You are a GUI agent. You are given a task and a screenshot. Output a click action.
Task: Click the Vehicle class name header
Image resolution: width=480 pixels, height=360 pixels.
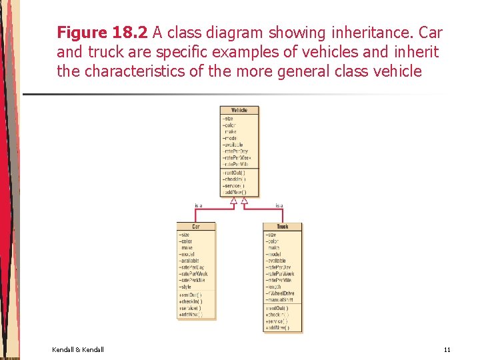[239, 110]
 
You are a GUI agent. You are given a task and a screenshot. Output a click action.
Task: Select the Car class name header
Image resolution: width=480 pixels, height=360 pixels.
[196, 227]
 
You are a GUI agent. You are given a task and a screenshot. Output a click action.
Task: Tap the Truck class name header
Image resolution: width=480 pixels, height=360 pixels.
[282, 227]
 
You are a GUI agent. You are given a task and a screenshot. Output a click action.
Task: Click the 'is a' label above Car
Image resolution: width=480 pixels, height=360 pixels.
[198, 205]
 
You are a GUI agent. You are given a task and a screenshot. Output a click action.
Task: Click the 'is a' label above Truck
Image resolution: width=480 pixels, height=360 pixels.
[279, 205]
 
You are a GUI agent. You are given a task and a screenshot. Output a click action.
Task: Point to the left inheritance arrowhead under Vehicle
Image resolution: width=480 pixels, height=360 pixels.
[234, 200]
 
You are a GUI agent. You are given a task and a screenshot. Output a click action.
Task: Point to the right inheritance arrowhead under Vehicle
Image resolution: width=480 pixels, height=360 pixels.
[244, 200]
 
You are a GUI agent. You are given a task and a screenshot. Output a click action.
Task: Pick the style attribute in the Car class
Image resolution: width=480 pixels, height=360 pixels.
[186, 287]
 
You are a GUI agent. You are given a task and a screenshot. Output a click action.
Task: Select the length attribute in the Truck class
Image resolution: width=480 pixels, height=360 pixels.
[274, 287]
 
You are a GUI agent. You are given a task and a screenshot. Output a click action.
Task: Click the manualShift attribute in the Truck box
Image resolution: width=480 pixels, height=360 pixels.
[281, 300]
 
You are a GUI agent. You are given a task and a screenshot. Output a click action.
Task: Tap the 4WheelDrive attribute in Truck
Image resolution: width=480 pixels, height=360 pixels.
[281, 293]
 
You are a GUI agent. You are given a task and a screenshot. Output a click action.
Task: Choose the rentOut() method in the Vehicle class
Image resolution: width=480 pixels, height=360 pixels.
[234, 173]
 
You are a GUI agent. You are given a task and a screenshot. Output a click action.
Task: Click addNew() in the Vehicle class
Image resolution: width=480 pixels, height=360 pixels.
[234, 192]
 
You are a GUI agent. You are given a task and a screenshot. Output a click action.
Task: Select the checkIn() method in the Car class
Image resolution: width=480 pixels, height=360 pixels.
[191, 301]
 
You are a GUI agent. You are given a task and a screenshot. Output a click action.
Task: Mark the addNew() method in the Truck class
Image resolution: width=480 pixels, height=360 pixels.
[277, 328]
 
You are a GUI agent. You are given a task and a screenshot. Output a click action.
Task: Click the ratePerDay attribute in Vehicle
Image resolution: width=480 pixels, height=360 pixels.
[235, 151]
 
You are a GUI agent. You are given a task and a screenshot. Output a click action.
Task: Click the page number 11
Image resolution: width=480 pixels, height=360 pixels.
[447, 349]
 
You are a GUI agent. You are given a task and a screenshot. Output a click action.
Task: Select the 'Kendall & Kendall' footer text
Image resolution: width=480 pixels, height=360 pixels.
[77, 349]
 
